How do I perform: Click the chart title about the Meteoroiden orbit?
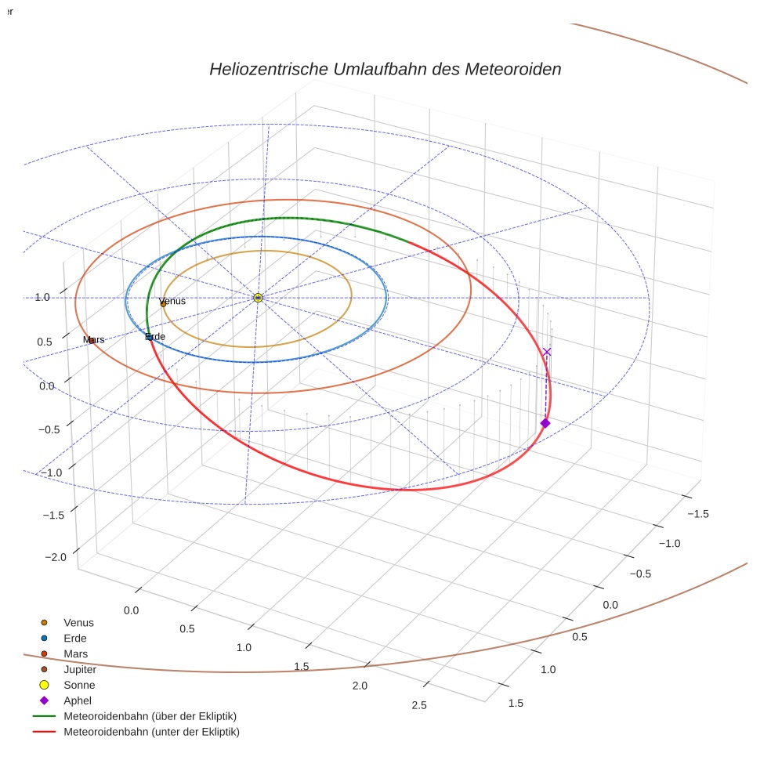pos(385,69)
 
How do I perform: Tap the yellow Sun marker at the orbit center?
pos(258,298)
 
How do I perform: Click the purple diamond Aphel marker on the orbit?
pos(545,423)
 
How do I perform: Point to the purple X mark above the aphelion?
pos(547,352)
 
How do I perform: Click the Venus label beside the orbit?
pos(172,302)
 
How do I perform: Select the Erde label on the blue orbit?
pos(155,337)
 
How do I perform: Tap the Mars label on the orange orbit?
pos(94,339)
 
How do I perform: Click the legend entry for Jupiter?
pos(80,669)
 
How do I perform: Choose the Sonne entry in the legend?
pos(79,685)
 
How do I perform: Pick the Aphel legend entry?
pos(78,700)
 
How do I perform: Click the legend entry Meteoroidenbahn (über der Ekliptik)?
pos(150,716)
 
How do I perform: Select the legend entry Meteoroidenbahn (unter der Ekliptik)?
pos(151,732)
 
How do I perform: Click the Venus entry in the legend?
pos(78,622)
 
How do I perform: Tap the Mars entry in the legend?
pos(75,653)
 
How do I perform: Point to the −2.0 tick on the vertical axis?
pos(56,556)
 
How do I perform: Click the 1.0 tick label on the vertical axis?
pos(42,297)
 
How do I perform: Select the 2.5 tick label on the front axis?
pos(418,705)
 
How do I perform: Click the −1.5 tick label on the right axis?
pos(697,513)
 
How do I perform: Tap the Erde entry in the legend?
pos(75,638)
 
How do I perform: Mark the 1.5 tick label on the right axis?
pos(515,703)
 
